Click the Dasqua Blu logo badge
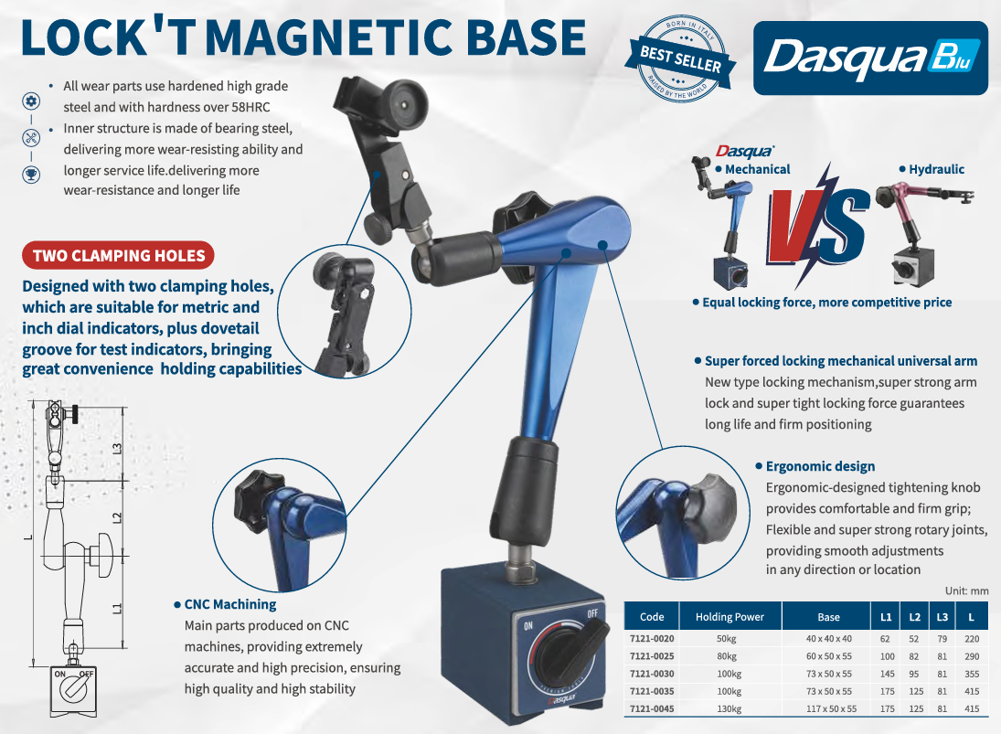pyautogui.click(x=870, y=59)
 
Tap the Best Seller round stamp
pyautogui.click(x=680, y=59)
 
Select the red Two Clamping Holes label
pyautogui.click(x=118, y=255)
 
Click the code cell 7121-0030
pyautogui.click(x=652, y=674)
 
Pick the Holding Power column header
pyautogui.click(x=729, y=617)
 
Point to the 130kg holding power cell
pyautogui.click(x=729, y=708)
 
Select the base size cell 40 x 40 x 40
pyautogui.click(x=828, y=638)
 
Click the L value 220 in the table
pyautogui.click(x=972, y=638)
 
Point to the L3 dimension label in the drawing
pyautogui.click(x=117, y=450)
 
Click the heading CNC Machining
pyautogui.click(x=230, y=604)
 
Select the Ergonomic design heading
pyautogui.click(x=820, y=466)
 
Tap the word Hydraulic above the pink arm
pyautogui.click(x=936, y=169)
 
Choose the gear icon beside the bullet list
pyautogui.click(x=31, y=101)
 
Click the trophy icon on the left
pyautogui.click(x=31, y=174)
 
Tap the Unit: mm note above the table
pyautogui.click(x=966, y=591)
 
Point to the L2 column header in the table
pyautogui.click(x=914, y=617)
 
